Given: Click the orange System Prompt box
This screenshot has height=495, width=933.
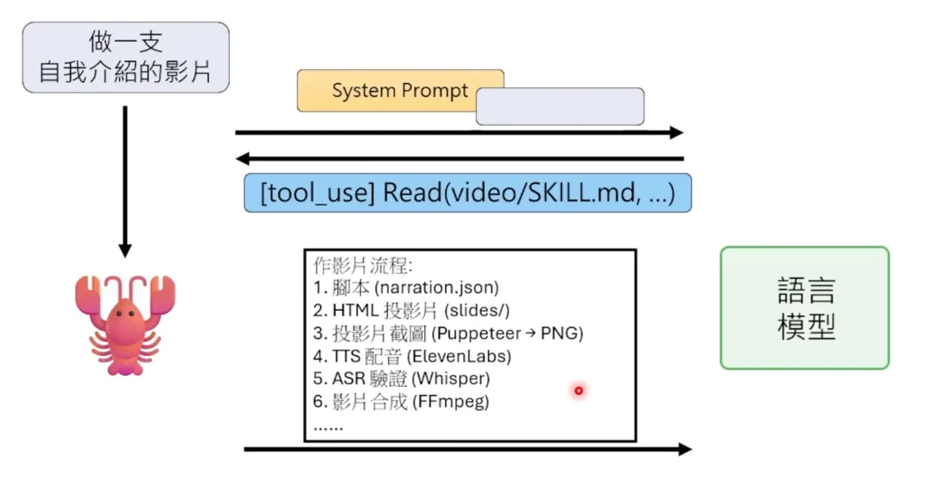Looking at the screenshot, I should [389, 90].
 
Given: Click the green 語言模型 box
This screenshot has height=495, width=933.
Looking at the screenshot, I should [804, 308].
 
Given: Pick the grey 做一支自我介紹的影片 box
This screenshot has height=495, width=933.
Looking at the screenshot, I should [126, 57].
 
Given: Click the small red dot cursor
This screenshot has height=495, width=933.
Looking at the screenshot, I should [579, 390].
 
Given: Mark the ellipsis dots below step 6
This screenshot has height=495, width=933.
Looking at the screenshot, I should [328, 425].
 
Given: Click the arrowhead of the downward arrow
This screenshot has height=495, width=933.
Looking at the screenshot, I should [125, 250].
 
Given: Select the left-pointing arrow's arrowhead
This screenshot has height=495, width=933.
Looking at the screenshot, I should [244, 159].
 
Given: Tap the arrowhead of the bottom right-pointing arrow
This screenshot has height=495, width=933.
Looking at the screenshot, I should [684, 449].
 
